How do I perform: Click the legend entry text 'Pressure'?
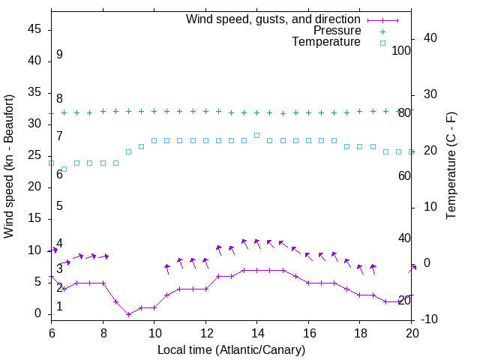[x=337, y=31]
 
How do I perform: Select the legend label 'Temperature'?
[x=326, y=43]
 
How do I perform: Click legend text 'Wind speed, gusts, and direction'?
[x=274, y=19]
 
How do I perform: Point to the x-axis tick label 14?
[x=256, y=332]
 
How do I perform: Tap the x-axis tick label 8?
[x=103, y=332]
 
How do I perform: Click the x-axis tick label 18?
[x=359, y=332]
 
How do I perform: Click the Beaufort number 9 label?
[x=59, y=55]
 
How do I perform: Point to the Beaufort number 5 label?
[x=59, y=206]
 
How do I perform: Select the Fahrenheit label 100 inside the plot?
[x=402, y=50]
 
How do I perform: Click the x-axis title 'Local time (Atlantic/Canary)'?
[x=231, y=349]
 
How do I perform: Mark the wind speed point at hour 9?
[x=128, y=314]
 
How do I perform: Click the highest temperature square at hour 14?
[x=256, y=135]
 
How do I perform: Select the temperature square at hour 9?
[x=128, y=151]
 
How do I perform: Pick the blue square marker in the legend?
[x=382, y=43]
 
